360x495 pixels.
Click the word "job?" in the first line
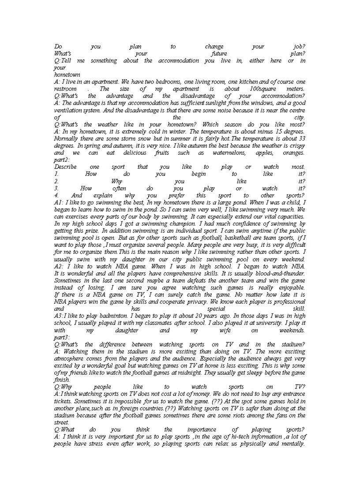(299, 47)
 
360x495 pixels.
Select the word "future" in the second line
(219, 54)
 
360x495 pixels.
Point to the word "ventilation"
(67, 110)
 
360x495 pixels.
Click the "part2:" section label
(62, 160)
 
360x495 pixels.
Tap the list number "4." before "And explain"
(56, 195)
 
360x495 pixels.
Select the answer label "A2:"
(60, 266)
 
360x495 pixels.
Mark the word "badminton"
(115, 316)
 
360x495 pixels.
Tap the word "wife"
(224, 330)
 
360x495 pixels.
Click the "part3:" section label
(62, 337)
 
